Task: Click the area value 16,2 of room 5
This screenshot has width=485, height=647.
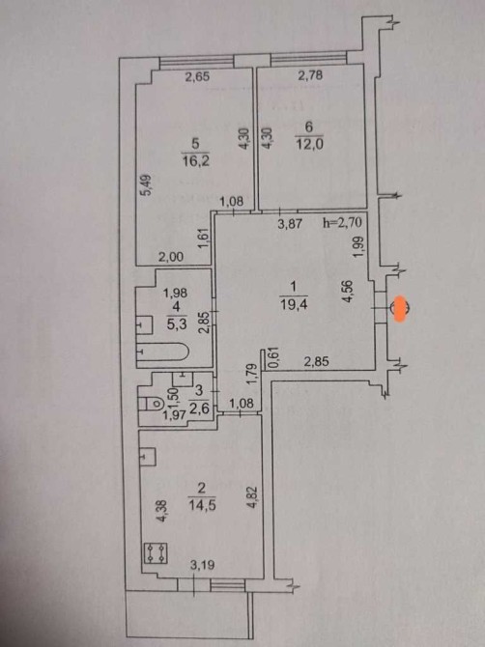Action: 196,160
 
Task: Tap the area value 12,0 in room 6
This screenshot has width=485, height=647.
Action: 309,145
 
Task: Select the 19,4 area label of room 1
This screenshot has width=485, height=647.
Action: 294,304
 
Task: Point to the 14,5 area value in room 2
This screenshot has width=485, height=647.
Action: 202,505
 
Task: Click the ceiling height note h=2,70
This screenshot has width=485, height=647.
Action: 342,223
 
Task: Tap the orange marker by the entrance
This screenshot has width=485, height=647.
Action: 400,309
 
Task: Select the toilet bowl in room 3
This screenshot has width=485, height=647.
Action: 154,403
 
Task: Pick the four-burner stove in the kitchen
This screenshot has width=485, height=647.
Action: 156,553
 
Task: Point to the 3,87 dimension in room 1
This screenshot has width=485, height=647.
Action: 290,224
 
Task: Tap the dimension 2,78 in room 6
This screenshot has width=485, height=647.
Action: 310,75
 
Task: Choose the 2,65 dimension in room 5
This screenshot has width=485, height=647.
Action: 197,76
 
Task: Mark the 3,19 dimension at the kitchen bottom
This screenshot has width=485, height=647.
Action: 203,565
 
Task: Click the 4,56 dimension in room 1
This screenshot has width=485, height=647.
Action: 349,292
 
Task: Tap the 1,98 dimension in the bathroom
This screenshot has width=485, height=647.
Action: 176,293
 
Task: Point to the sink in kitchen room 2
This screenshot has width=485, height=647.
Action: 148,457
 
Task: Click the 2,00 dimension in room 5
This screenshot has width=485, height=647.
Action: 171,257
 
